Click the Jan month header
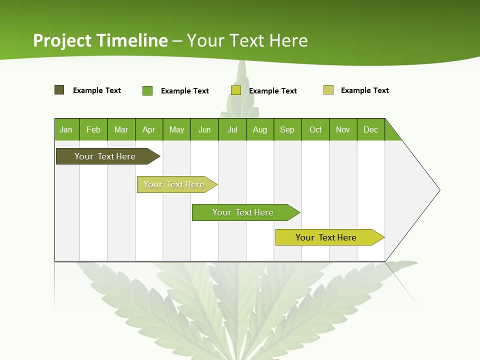(x=66, y=129)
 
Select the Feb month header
(x=93, y=129)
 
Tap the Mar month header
(x=121, y=129)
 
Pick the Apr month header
(x=149, y=129)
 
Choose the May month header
(x=176, y=129)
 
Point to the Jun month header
(x=204, y=129)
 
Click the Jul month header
(x=232, y=129)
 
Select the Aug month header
(x=260, y=129)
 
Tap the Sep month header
(x=287, y=129)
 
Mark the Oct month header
(x=315, y=129)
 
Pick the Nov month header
(x=343, y=129)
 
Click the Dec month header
(x=371, y=129)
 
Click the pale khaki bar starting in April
(x=175, y=184)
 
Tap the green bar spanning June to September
(x=244, y=212)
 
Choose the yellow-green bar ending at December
(x=327, y=237)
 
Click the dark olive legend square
(x=59, y=90)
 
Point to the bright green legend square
(x=147, y=90)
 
